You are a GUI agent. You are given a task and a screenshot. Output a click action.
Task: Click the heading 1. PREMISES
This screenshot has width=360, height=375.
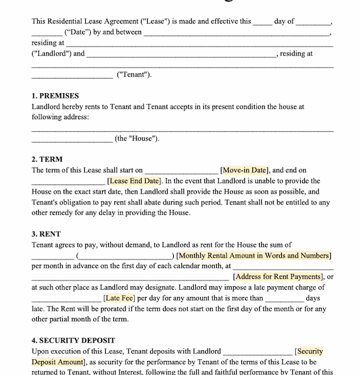pos(55,96)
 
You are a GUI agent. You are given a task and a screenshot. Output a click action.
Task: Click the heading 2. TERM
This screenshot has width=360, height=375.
pos(47,160)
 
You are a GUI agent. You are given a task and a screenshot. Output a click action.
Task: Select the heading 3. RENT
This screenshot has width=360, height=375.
pos(47,234)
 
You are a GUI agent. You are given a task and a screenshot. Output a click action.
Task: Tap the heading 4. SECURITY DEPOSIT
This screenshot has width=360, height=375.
pos(73,341)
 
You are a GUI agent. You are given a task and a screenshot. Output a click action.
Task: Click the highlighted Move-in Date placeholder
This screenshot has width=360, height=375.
pos(244,171)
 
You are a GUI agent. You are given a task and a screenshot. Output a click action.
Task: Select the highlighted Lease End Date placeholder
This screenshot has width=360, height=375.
pos(134,181)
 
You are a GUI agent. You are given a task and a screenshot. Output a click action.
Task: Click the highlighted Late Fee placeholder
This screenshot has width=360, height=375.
pos(120,298)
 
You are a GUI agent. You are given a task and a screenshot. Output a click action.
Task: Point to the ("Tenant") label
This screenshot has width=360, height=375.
pos(134,75)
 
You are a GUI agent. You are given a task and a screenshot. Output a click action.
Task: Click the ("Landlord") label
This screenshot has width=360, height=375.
pos(58,54)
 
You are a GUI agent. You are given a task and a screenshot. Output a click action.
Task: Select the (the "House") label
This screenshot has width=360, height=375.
pos(137,139)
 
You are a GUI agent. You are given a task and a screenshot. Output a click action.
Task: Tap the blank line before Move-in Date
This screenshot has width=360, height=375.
pos(181,172)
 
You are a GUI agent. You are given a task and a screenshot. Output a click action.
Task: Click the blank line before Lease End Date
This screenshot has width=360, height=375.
pos(68,182)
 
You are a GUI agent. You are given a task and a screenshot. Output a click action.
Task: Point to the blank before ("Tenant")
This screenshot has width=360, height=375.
pos(72,76)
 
